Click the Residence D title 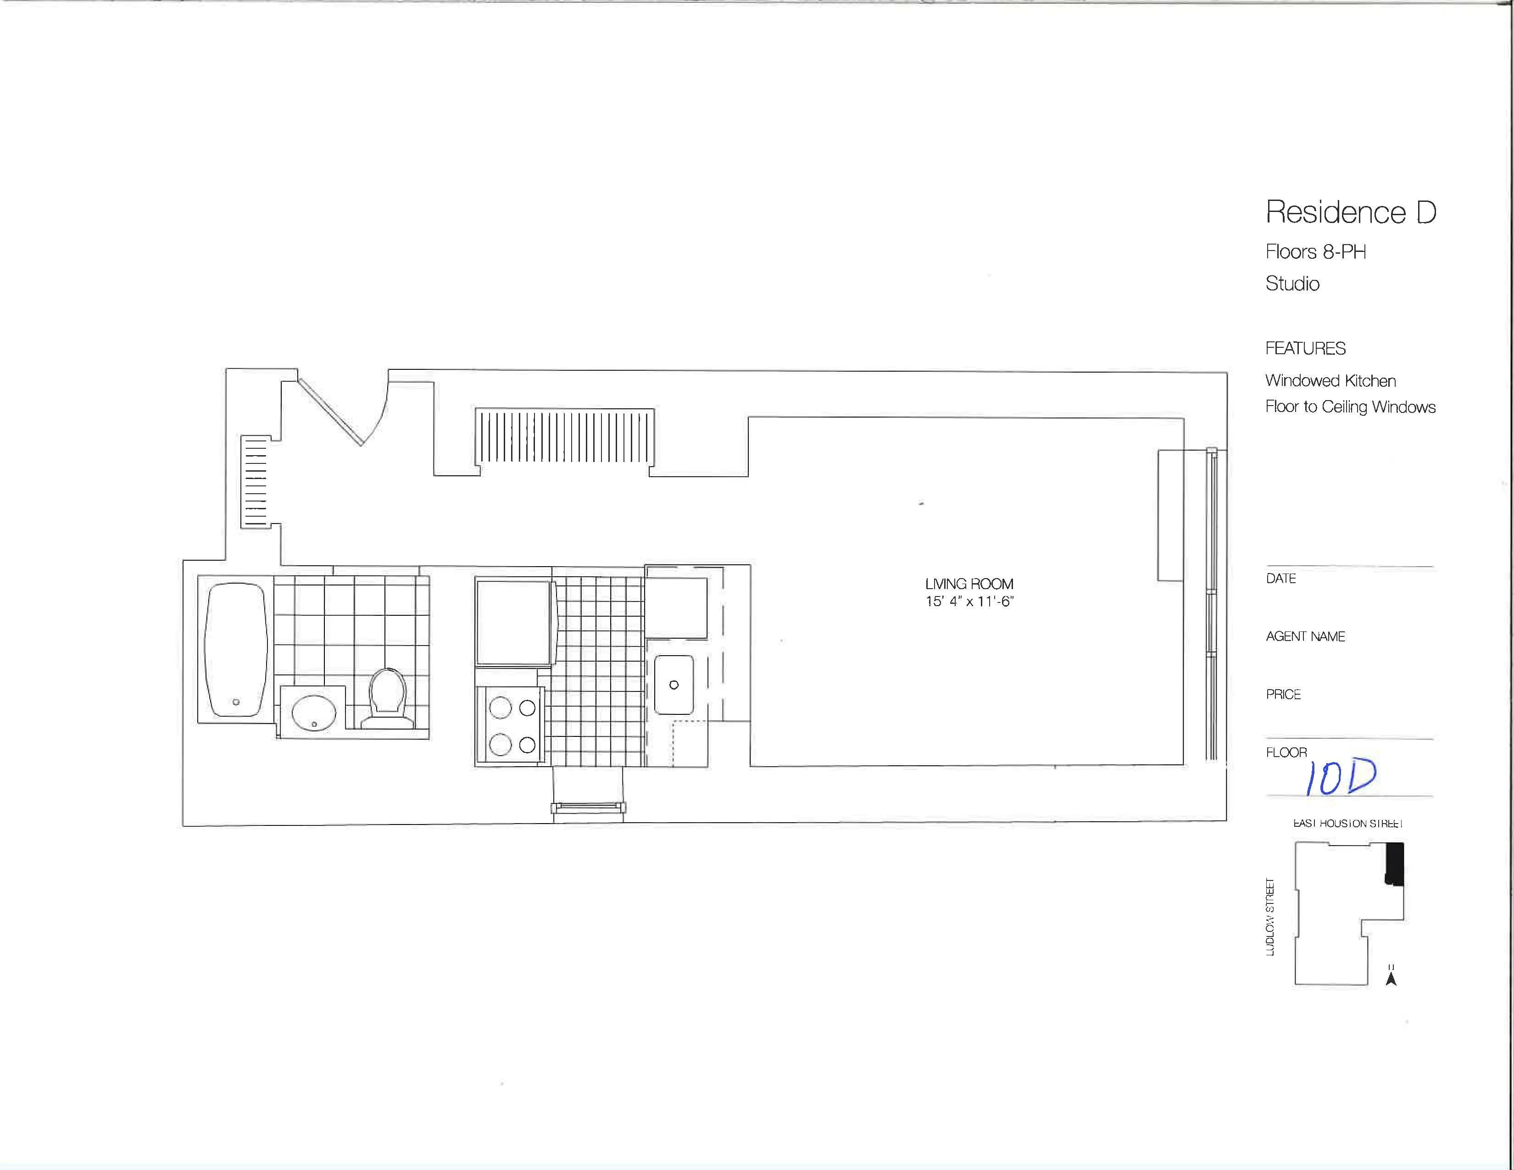coord(1350,212)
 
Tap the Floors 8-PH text coord(1315,251)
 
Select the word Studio coord(1292,284)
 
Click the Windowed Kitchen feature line coord(1330,380)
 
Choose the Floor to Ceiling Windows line coord(1350,407)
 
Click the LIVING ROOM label coord(969,584)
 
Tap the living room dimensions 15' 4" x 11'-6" coord(969,602)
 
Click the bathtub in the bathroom coord(236,649)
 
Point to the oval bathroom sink coord(313,713)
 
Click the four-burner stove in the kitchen coord(512,726)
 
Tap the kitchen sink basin coord(673,685)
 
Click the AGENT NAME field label coord(1305,636)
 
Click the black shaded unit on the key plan coord(1394,864)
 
